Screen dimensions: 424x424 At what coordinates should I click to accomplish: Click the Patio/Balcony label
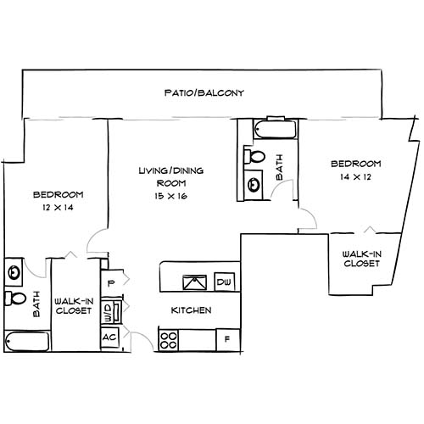(x=204, y=92)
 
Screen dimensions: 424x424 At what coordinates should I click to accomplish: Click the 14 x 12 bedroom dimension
(x=355, y=177)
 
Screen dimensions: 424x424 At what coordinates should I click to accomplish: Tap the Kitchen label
(x=192, y=310)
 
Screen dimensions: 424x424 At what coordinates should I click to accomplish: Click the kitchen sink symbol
(x=192, y=282)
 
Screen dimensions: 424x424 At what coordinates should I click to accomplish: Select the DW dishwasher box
(x=225, y=282)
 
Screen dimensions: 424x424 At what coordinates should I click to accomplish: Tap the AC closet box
(x=109, y=338)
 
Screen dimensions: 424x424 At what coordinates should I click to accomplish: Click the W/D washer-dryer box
(x=108, y=310)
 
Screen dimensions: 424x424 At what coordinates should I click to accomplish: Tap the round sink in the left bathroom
(x=14, y=272)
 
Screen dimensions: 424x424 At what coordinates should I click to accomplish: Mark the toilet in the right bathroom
(x=255, y=157)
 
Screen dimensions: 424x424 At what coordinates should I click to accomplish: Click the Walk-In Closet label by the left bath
(x=72, y=305)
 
